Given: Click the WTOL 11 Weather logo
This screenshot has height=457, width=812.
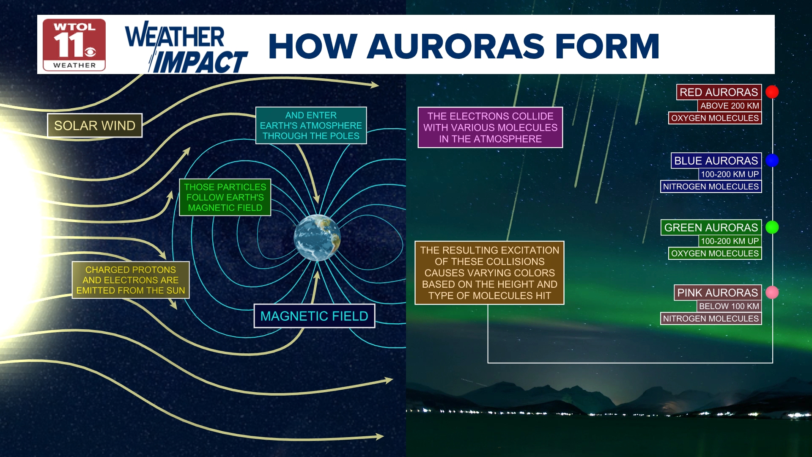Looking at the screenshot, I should pos(74,45).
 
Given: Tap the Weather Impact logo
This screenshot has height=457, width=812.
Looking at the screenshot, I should pos(186,47).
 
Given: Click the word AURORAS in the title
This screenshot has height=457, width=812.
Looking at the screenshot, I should pos(455,46).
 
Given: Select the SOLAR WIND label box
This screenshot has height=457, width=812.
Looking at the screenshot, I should pos(95,125).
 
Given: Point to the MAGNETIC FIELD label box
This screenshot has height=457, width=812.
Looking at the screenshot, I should pos(314,316).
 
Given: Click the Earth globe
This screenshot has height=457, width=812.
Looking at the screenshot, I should pos(317,238).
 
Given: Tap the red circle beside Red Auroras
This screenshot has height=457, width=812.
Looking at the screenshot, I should pos(772,92).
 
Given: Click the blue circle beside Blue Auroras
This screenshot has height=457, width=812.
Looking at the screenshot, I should pos(772,160).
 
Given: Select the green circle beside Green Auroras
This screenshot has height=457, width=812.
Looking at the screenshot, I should pos(772,227).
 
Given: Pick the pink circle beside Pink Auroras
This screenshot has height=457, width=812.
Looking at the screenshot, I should pos(772,292).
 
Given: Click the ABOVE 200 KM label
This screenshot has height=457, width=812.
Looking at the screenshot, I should pos(730,106).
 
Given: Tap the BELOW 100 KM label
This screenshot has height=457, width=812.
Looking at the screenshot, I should pos(729,306).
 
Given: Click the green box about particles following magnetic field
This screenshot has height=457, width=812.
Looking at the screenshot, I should pos(225,197).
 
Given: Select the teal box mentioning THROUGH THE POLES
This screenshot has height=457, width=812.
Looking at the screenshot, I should pos(311,125).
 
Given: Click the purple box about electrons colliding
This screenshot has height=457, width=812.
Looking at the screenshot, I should pos(490,127).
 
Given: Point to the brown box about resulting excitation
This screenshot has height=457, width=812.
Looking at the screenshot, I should pos(489,273).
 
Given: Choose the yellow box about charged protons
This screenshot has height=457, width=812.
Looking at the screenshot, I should pos(131,280).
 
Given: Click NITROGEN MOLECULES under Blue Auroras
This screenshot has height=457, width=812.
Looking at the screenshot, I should pos(711,187).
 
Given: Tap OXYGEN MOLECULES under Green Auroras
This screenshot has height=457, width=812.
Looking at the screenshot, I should pos(715,253).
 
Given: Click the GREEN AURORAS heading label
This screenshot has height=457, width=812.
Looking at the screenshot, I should pos(711,227).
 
